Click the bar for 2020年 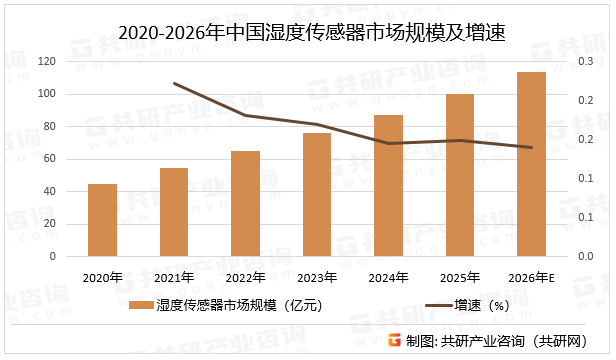102,220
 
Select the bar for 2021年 174,212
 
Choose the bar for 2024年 389,186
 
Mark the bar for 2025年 460,175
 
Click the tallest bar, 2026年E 532,164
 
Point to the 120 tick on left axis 47,62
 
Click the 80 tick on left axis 50,127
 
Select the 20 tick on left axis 50,224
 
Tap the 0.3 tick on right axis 586,62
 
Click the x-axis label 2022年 245,276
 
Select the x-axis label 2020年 102,276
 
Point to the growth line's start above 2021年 174,83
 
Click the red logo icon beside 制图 395,340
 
